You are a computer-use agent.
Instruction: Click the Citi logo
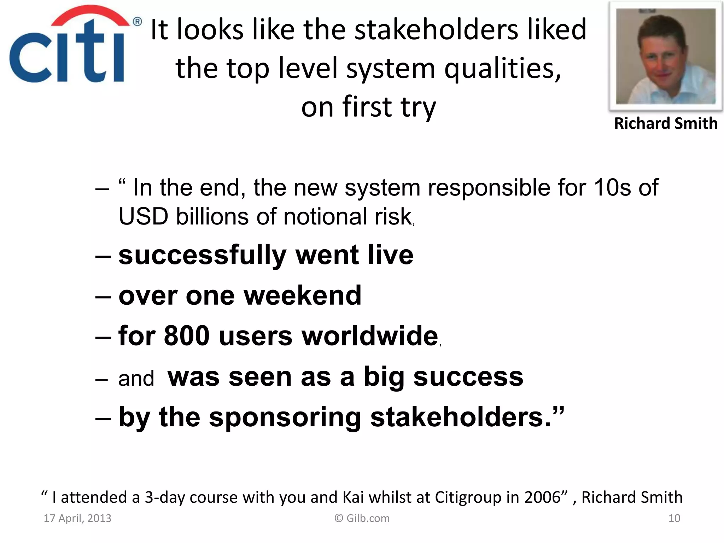[67, 46]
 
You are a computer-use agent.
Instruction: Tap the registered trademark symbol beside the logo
[137, 22]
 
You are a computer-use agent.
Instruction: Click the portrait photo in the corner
[665, 56]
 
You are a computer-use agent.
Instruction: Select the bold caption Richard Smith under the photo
[666, 123]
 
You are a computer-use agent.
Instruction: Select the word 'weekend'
[303, 295]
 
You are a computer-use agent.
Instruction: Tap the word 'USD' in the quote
[143, 216]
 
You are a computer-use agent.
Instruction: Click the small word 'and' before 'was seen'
[136, 378]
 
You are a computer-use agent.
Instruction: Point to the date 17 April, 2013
[77, 518]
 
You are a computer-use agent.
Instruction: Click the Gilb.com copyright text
[362, 518]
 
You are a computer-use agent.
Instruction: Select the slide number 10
[674, 518]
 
